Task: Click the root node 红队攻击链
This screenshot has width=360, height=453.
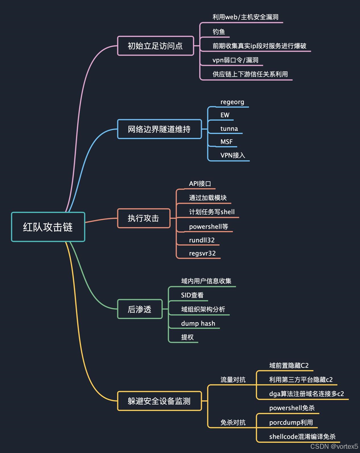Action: coord(48,227)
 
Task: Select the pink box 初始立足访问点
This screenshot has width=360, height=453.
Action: coord(155,46)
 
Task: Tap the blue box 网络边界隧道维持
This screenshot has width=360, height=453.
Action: coord(159,129)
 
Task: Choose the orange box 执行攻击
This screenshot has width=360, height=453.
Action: coord(144,218)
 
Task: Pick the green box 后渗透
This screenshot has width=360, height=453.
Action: coord(139,309)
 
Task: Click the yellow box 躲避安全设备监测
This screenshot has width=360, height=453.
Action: coord(159,401)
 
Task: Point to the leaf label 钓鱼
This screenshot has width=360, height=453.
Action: coord(218,32)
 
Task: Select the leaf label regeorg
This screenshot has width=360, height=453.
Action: coord(232,102)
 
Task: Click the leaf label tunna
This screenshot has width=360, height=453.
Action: coord(229,129)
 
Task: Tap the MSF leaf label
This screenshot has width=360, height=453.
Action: coord(226,142)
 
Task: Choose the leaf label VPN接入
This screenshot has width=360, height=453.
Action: coord(233,155)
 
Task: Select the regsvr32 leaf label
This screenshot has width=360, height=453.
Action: coord(202,253)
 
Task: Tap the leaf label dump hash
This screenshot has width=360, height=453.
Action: coord(198,324)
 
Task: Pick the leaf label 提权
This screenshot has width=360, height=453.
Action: coord(187,337)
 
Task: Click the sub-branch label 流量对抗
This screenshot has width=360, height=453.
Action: coord(233,380)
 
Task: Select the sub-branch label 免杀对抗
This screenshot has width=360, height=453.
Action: coord(233,423)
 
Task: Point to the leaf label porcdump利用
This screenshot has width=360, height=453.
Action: coord(291,422)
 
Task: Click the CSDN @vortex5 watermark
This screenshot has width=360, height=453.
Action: coord(334,446)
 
